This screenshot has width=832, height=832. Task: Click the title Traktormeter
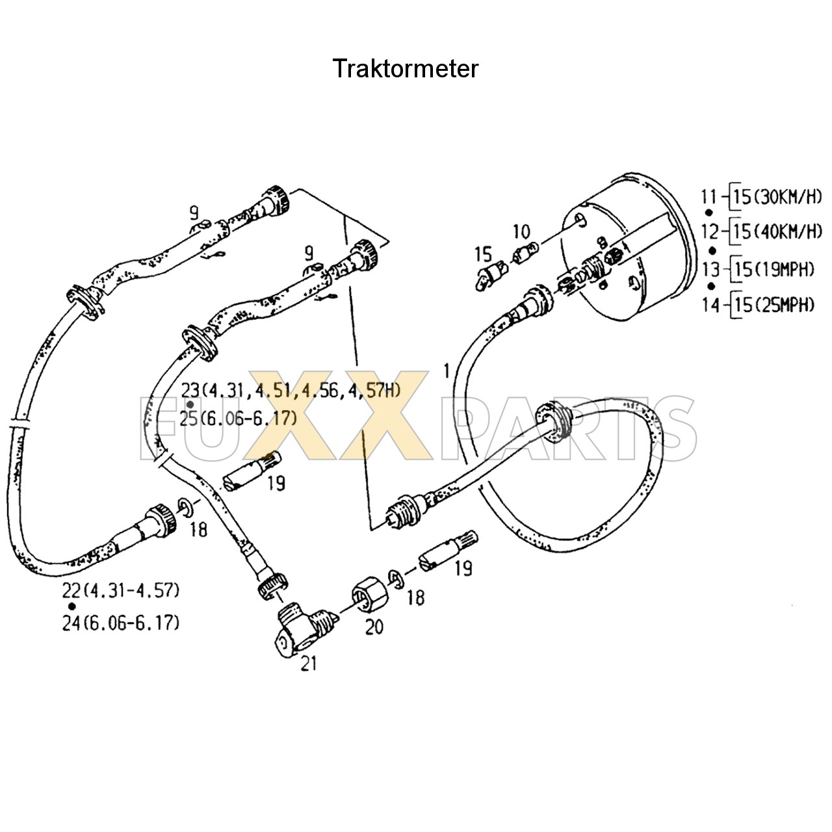[406, 68]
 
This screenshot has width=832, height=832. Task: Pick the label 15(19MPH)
[773, 269]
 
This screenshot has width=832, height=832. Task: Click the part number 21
[308, 664]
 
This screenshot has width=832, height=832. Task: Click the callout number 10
[521, 231]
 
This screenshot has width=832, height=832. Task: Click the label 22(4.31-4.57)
[121, 591]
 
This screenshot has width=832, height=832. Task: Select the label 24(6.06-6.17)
[121, 623]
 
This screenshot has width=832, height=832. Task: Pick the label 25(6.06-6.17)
[238, 419]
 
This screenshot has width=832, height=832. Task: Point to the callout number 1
[446, 371]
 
